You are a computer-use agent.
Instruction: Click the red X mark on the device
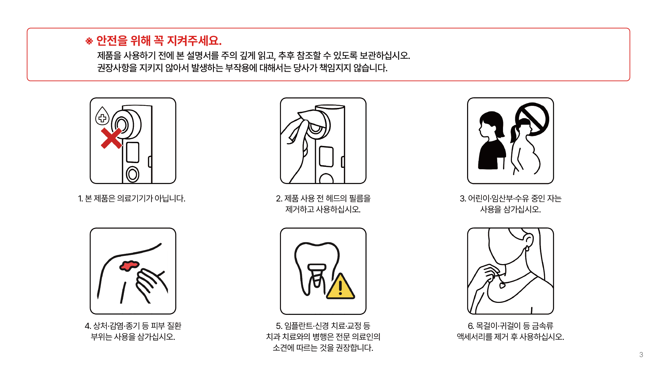(x=111, y=138)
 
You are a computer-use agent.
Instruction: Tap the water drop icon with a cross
(x=102, y=116)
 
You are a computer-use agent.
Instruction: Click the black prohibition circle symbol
(x=532, y=119)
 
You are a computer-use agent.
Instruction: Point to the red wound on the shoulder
(x=129, y=266)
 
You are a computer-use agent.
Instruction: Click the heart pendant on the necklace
(x=502, y=285)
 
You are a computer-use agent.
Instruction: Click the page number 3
(x=641, y=355)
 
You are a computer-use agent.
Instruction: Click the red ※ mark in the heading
(x=89, y=41)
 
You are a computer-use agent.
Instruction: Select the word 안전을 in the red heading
(x=112, y=41)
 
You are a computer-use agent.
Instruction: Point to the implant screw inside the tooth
(x=317, y=275)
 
